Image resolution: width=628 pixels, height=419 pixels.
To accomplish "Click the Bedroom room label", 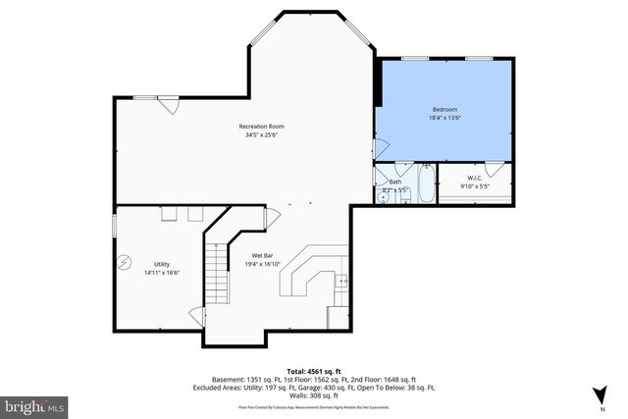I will click(445, 109).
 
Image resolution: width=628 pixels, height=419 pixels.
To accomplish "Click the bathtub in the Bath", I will click(425, 186).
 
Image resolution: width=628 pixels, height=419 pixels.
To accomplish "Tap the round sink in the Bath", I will click(385, 196).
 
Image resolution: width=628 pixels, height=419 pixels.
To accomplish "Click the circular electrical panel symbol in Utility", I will click(125, 262).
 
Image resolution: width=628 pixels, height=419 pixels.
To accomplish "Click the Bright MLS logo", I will click(34, 403).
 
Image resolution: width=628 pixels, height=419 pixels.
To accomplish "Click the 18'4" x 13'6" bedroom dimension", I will click(445, 118).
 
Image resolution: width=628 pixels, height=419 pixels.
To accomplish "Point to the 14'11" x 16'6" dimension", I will click(161, 274).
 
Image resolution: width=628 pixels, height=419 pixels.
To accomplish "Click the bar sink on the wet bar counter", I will click(340, 282).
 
